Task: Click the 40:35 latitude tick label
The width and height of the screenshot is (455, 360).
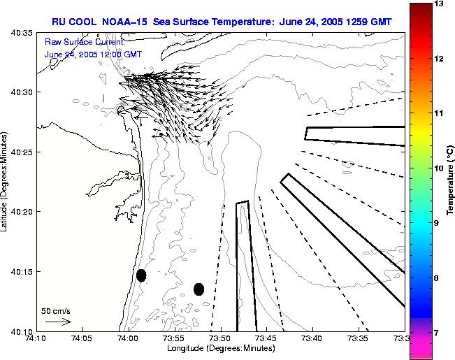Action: point(22,32)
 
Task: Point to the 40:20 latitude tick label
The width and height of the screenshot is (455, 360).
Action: point(22,212)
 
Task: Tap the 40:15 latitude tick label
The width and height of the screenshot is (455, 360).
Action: point(22,271)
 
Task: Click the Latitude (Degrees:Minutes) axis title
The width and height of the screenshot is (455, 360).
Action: point(6,180)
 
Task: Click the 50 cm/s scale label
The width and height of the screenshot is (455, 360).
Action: point(56,310)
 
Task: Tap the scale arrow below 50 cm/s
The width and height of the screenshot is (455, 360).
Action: point(58,322)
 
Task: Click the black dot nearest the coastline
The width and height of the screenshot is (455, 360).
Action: point(141,275)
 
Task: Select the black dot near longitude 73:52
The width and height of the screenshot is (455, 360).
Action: point(198,289)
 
